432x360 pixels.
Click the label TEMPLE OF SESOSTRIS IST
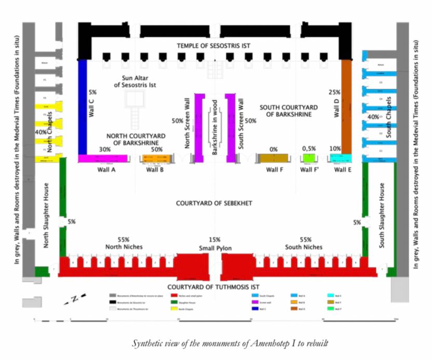(x=213, y=46)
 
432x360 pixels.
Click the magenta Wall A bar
(x=104, y=158)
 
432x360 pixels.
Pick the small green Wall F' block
(x=309, y=158)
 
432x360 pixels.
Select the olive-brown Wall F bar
(x=274, y=158)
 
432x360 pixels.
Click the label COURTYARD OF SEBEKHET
(x=214, y=203)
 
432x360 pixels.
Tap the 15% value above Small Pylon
(x=214, y=240)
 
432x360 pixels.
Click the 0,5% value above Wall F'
(x=309, y=149)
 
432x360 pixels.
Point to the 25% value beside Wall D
(x=334, y=92)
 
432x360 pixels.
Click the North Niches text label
(x=123, y=247)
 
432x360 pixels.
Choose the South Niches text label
(x=304, y=247)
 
